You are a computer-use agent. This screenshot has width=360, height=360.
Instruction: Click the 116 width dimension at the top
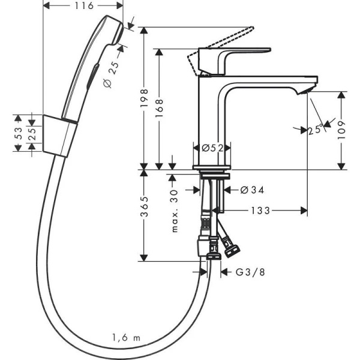85,6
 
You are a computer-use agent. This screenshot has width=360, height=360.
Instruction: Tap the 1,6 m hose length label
125,338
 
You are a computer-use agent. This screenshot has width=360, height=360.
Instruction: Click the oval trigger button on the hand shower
90,75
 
